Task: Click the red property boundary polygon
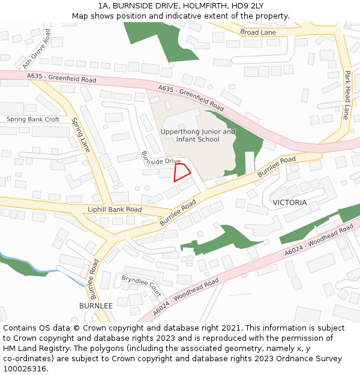point(181,172)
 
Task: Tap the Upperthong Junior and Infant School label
point(197,136)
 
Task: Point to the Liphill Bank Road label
point(115,209)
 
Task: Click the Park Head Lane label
point(346,95)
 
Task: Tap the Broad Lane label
point(258,32)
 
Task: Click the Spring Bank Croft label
point(33,119)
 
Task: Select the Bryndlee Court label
point(142,287)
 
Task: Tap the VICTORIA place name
point(289,202)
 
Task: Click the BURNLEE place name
point(96,305)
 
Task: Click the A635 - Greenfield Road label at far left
point(61,78)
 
